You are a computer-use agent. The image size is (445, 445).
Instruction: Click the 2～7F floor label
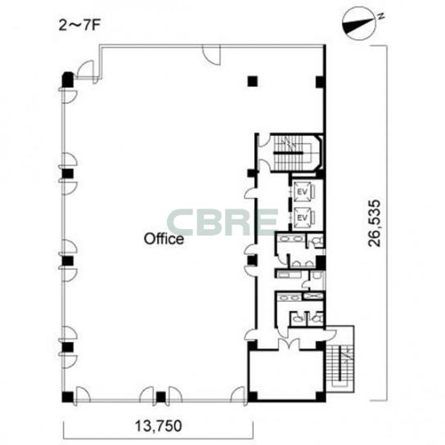coord(79,25)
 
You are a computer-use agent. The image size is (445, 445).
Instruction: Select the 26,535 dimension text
coord(375,222)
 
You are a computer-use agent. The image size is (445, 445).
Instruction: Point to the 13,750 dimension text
coord(158,426)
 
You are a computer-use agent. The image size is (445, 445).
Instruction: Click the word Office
coord(164,239)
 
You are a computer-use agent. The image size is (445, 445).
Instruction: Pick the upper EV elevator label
coord(303,192)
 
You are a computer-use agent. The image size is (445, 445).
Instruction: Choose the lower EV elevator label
coord(303,218)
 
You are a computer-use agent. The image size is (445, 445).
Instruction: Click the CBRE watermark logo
coord(222,222)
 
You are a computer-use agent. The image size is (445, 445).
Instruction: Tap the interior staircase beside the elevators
coord(296,153)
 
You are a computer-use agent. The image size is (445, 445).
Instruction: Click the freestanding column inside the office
coord(252,81)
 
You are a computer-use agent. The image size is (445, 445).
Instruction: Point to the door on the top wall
coord(212,56)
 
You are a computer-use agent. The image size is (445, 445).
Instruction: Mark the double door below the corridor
coord(288,343)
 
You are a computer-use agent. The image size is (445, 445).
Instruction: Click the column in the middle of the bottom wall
coord(160,397)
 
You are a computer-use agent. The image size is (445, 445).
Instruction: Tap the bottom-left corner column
coord(68,397)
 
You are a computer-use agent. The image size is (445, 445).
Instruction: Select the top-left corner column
coord(68,80)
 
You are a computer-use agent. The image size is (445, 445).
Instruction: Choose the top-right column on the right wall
coord(320,82)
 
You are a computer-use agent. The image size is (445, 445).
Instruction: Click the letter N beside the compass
coord(382,16)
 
